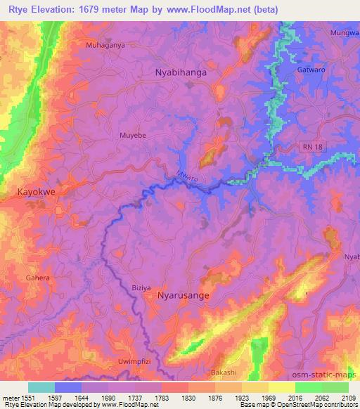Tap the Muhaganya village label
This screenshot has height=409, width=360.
coord(105,45)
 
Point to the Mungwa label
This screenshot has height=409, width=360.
coord(345,33)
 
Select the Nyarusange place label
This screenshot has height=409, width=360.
coord(184,296)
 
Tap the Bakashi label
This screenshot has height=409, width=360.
coord(224,372)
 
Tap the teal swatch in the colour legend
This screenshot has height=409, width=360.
coord(41,387)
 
